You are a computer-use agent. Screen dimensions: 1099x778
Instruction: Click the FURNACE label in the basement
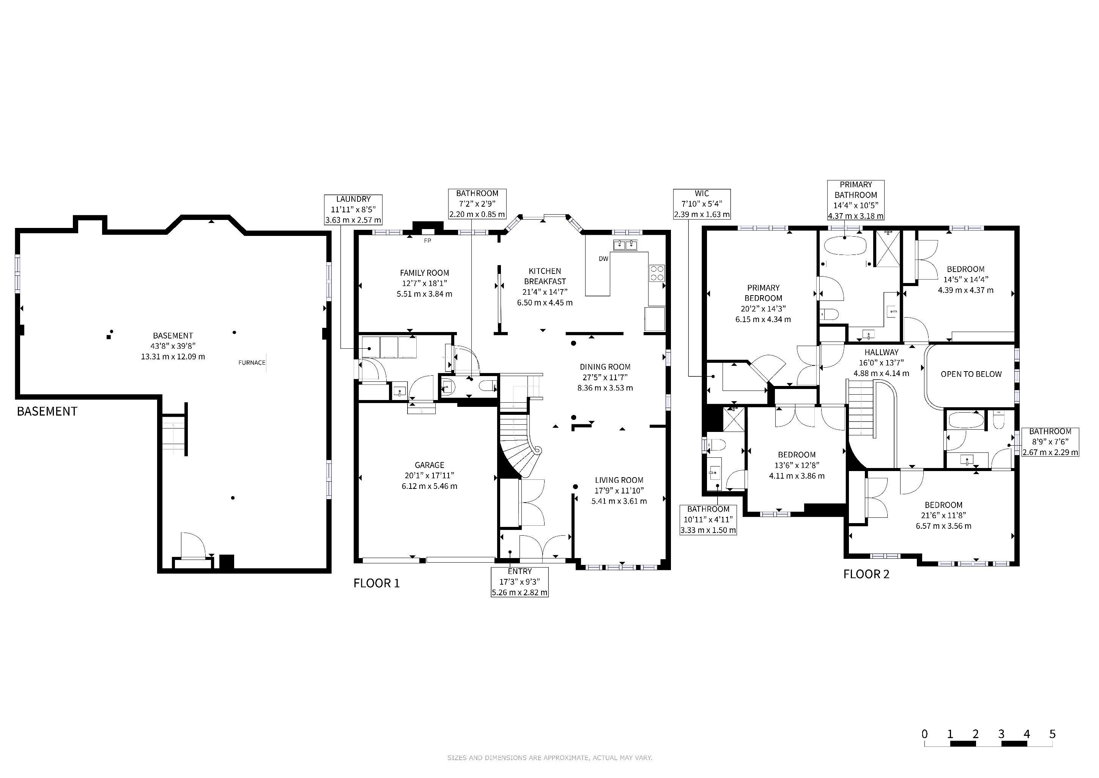pos(252,363)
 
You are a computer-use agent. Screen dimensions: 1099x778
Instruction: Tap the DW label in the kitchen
pos(604,259)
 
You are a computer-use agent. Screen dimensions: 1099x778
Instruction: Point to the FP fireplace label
pos(427,241)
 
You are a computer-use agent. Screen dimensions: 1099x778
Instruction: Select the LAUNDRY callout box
pos(353,210)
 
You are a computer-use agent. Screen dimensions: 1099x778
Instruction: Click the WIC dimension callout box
pos(702,204)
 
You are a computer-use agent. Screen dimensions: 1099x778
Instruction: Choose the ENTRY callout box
pos(520,582)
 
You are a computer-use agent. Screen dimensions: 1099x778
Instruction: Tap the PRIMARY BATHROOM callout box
pos(856,200)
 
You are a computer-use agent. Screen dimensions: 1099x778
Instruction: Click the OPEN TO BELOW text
pos(971,374)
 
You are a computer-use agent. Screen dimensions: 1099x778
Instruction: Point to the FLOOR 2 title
pos(866,574)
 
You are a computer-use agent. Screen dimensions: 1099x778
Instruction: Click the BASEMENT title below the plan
pos(47,411)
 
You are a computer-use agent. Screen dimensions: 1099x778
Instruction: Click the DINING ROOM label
pos(605,367)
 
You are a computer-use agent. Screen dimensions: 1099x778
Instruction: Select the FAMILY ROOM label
pos(425,273)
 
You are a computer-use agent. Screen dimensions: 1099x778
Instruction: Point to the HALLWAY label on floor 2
pos(881,352)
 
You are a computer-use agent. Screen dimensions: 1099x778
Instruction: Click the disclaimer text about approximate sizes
pos(549,758)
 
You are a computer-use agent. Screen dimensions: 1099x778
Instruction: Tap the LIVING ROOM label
pos(619,480)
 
